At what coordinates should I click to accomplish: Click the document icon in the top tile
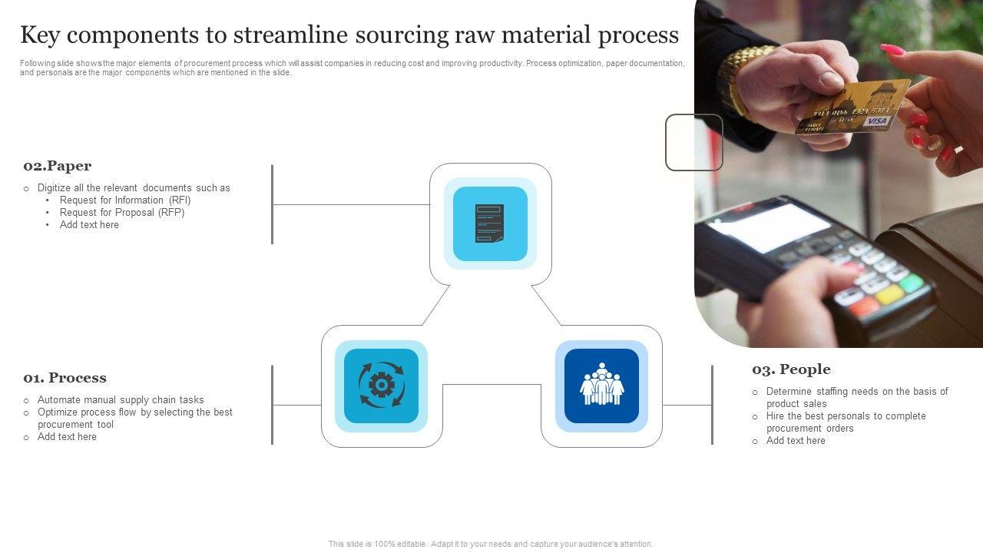pyautogui.click(x=490, y=224)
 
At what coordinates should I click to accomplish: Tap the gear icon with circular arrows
pyautogui.click(x=381, y=386)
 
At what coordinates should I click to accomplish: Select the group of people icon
pyautogui.click(x=601, y=386)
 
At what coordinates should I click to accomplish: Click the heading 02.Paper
pyautogui.click(x=58, y=166)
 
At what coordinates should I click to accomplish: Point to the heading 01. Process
pyautogui.click(x=65, y=378)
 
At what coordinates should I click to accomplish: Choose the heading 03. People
pyautogui.click(x=791, y=369)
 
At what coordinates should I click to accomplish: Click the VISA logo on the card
pyautogui.click(x=875, y=121)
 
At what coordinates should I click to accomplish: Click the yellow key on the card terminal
pyautogui.click(x=890, y=294)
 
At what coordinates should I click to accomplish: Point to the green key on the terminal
pyautogui.click(x=912, y=283)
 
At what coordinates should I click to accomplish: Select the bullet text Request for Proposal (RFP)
pyautogui.click(x=122, y=213)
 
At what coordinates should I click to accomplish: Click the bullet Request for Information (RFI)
pyautogui.click(x=125, y=200)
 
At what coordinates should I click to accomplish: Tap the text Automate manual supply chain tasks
pyautogui.click(x=121, y=400)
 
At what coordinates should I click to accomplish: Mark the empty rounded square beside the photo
pyautogui.click(x=693, y=142)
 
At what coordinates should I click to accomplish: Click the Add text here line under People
pyautogui.click(x=796, y=441)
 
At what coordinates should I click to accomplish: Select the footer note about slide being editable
pyautogui.click(x=491, y=544)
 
